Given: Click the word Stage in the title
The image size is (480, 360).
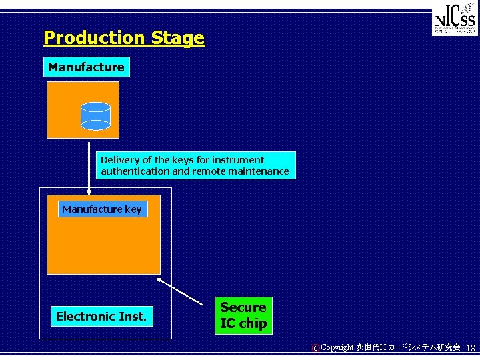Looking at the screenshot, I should point(178,38).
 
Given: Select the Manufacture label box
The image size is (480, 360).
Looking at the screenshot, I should point(86,67).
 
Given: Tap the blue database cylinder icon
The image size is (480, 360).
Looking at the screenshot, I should point(95,115).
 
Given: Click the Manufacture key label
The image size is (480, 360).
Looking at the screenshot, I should point(102,209).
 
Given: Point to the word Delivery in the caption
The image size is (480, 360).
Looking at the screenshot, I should point(118,160).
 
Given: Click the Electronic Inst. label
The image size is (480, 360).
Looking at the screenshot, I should point(101,316).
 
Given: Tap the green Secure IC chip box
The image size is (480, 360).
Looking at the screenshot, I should point(243,315).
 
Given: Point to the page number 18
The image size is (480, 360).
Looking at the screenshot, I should point(471,348).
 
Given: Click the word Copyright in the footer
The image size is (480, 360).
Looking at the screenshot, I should point(337,348).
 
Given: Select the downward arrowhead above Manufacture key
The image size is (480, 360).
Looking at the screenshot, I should point(89,192).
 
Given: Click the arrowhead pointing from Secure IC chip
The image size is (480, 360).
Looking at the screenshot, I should point(160,281).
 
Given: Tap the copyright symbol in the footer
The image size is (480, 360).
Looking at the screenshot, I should point(315,348).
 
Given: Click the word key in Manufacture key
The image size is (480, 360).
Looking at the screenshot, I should point(133,209).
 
